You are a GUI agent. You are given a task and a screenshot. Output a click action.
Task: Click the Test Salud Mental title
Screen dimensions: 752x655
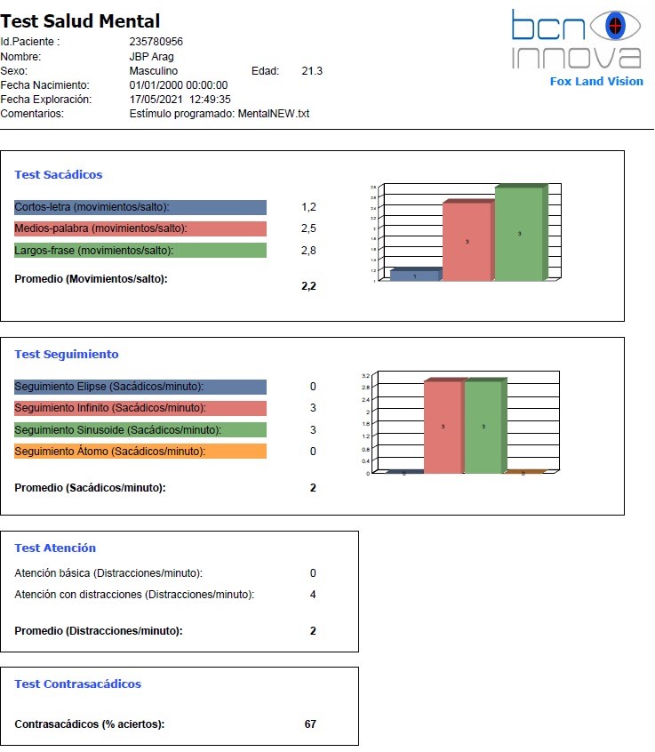point(81,21)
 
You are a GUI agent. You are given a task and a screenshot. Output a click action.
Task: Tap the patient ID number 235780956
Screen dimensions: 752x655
point(156,42)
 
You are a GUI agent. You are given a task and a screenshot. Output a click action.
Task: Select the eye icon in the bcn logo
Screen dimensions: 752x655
point(610,27)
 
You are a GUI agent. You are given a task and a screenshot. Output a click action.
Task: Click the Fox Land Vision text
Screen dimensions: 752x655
point(595,81)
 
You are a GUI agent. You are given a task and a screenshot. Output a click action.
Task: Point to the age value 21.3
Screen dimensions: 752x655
point(312,71)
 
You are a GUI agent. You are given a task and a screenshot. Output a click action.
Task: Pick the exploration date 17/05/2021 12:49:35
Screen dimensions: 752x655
point(180,100)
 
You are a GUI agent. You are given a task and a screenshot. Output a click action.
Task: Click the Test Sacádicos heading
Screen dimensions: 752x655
point(59,175)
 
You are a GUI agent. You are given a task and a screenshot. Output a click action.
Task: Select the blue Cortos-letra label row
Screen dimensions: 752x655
point(140,207)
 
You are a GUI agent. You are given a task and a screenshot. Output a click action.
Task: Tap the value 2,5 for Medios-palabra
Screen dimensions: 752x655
point(308,228)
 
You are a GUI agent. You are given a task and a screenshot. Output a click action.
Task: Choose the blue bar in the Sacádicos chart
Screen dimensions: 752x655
point(414,276)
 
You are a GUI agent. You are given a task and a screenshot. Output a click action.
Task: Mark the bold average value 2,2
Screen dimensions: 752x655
point(308,286)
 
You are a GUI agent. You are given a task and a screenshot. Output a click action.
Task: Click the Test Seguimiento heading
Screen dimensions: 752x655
point(67,354)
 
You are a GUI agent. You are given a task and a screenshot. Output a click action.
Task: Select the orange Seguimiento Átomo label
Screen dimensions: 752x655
point(140,452)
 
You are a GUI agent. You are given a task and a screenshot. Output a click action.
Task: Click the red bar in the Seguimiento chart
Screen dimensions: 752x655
point(443,427)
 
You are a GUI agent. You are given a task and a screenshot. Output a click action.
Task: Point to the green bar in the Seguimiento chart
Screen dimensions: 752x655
point(483,427)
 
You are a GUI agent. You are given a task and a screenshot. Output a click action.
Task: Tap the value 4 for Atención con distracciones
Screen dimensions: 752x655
point(313,595)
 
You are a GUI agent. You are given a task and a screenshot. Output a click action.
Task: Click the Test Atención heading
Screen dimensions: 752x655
point(55,548)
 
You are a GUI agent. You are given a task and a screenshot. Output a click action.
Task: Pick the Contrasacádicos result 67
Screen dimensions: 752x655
point(310,724)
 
